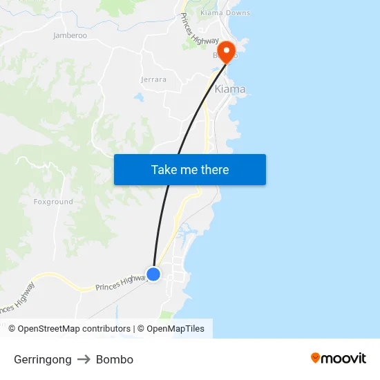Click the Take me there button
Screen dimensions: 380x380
click(x=189, y=169)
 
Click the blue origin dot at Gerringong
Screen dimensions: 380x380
click(x=153, y=274)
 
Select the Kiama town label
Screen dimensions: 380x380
click(x=230, y=90)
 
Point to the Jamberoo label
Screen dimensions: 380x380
click(x=70, y=35)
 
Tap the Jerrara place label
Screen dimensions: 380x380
click(x=153, y=79)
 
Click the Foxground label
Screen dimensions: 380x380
click(x=53, y=202)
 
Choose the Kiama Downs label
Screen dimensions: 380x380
click(x=225, y=13)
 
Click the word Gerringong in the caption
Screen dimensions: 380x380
click(x=43, y=359)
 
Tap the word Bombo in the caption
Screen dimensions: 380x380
click(x=115, y=359)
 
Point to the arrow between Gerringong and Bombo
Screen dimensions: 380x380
click(x=84, y=359)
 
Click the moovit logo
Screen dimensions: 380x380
click(x=339, y=358)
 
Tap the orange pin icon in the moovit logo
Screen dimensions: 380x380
click(x=316, y=358)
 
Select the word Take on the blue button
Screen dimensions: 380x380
click(x=164, y=169)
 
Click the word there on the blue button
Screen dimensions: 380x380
click(x=214, y=169)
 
